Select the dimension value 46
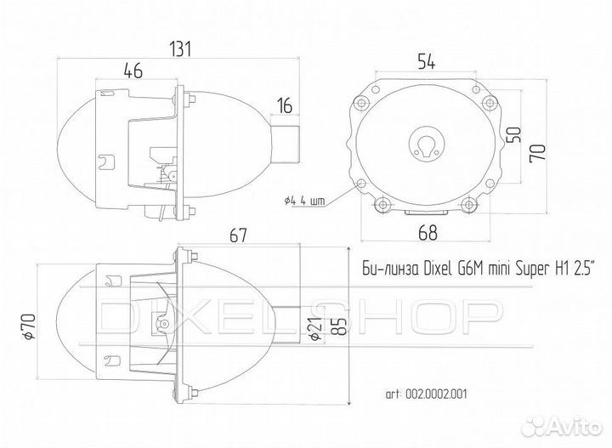(x=133, y=72)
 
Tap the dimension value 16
(x=284, y=106)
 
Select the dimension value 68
(x=429, y=230)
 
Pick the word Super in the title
(x=543, y=270)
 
